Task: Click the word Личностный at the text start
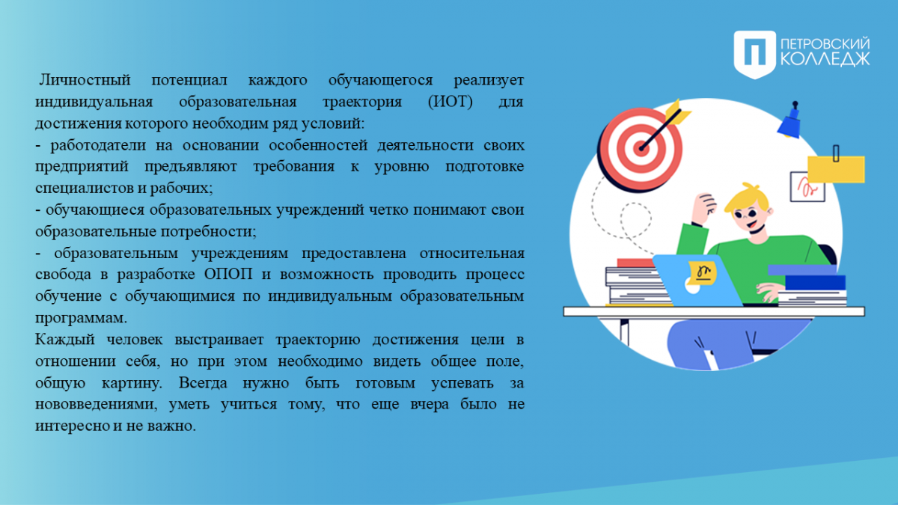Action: pos(85,80)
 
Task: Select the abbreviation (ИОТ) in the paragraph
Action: pos(450,102)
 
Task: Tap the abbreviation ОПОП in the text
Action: pos(228,275)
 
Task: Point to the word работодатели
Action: pos(98,144)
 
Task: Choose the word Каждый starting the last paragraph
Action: pos(65,340)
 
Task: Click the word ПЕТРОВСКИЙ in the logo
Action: pos(825,43)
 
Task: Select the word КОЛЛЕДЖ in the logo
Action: pos(825,58)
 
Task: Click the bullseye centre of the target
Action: pos(641,149)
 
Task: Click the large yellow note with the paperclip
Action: pos(836,169)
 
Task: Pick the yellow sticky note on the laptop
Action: pos(703,273)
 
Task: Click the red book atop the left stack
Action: pos(636,263)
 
